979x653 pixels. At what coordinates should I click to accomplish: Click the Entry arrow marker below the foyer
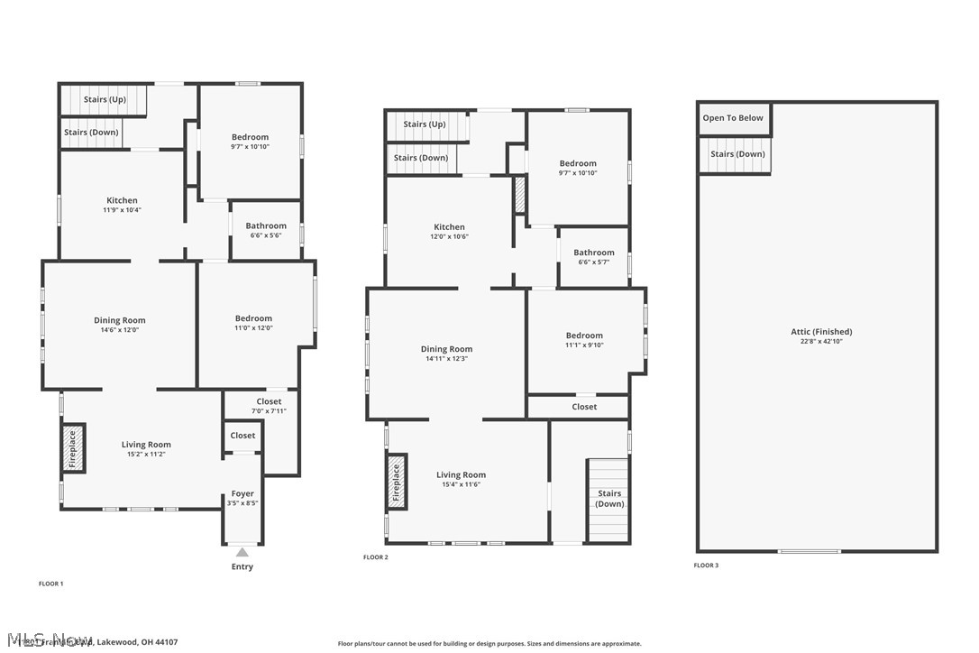242,552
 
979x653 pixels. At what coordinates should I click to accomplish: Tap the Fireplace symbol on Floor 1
72,448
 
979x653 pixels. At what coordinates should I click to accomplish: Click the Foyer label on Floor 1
242,493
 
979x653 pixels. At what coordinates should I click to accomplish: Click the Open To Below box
733,118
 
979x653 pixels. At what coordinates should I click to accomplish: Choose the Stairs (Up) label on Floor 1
105,99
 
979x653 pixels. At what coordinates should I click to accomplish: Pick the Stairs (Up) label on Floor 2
425,124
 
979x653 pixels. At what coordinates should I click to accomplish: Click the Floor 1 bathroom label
266,226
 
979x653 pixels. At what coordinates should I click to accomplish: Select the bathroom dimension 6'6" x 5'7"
594,262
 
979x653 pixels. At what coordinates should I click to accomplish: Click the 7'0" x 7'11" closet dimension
269,411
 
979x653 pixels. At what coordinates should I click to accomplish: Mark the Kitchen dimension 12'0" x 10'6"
449,237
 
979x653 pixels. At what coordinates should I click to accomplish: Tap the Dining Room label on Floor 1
120,320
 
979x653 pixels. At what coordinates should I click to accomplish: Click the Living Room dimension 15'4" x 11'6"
461,485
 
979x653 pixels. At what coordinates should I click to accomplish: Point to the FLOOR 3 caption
706,566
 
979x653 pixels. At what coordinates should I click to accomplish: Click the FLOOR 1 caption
50,584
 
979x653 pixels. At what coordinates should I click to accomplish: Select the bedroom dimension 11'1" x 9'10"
584,345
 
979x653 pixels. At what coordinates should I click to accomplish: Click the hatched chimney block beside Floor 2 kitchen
519,196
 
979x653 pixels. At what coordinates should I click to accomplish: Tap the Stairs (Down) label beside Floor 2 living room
609,499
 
